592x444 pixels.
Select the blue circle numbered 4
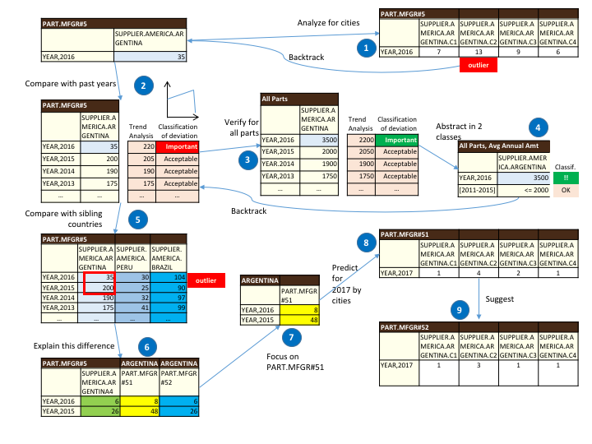(538, 127)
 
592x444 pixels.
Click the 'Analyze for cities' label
(327, 24)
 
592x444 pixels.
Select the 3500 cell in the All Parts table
(312, 141)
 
